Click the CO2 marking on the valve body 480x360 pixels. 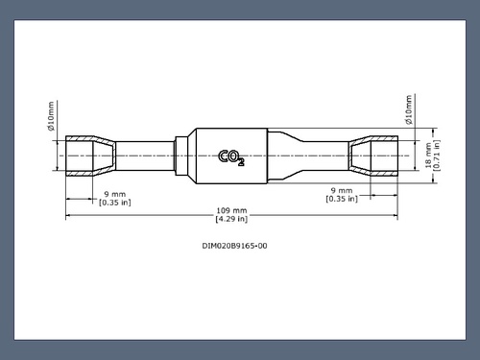tap(231, 157)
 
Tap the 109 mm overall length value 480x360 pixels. tap(231, 210)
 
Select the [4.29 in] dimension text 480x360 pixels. tap(231, 219)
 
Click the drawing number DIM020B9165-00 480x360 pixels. tap(234, 246)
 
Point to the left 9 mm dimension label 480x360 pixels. tap(115, 194)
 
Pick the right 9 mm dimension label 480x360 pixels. tap(342, 190)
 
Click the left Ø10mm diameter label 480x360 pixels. tap(51, 116)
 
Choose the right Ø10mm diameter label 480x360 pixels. tap(409, 109)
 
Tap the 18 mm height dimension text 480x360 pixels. tap(428, 156)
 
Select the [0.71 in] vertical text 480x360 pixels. tap(437, 156)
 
